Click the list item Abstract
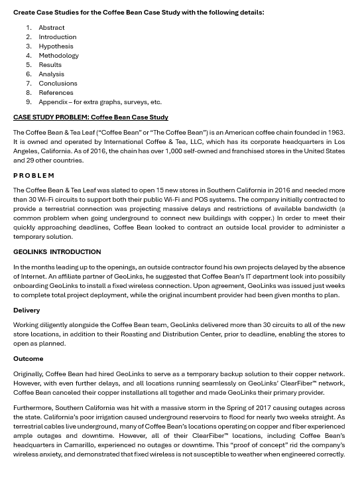coord(51,28)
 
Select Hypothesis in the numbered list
coord(56,46)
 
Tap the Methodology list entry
coord(58,56)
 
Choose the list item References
coord(56,93)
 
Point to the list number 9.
coord(29,102)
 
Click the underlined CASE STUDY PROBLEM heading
coord(91,117)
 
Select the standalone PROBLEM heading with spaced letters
coord(34,176)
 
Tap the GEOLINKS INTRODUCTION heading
coord(57,252)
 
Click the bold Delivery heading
coord(27,310)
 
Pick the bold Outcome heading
coord(28,359)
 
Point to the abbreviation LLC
coord(200,142)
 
